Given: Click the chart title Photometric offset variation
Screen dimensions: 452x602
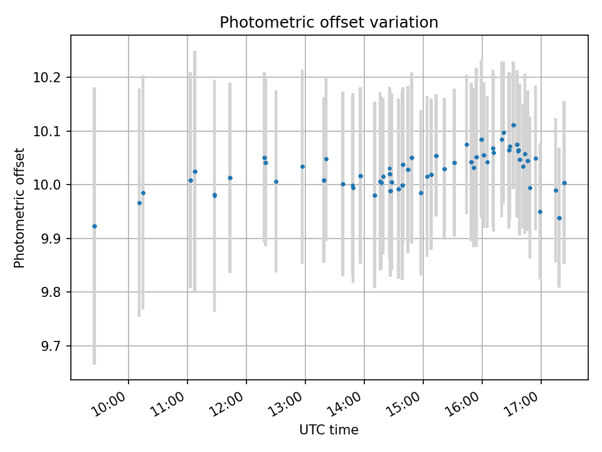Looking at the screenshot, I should pyautogui.click(x=329, y=23).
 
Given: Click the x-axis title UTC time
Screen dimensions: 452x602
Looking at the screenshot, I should pyautogui.click(x=329, y=430).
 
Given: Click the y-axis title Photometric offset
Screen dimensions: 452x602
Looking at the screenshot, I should pyautogui.click(x=19, y=208).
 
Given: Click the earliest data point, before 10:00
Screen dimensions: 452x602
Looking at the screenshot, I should pyautogui.click(x=95, y=226).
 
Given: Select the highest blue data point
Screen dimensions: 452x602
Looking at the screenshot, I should pyautogui.click(x=514, y=125).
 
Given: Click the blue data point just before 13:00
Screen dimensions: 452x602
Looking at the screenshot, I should pyautogui.click(x=302, y=166).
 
